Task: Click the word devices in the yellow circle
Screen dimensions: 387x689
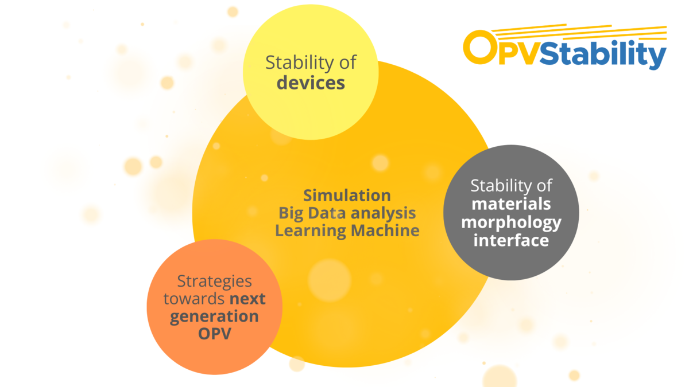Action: [311, 83]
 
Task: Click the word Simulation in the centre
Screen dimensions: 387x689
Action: [347, 195]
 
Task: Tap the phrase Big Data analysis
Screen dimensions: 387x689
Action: [347, 213]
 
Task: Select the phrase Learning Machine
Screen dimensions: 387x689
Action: [347, 230]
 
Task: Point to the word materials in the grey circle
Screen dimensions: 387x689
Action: [511, 204]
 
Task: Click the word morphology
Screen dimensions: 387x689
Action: [511, 222]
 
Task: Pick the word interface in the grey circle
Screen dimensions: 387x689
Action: [511, 240]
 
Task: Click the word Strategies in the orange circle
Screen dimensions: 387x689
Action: [214, 281]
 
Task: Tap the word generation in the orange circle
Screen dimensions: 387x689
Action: [214, 316]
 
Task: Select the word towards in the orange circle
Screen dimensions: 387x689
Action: [194, 299]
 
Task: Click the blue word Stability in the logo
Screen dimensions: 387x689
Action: [603, 55]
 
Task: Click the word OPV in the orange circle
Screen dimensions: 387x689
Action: [214, 334]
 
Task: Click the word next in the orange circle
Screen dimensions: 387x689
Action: [247, 299]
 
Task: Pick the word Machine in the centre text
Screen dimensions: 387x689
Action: [385, 230]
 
